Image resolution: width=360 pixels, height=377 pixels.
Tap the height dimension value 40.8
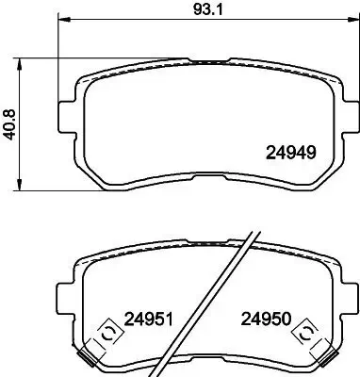coord(10,123)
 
